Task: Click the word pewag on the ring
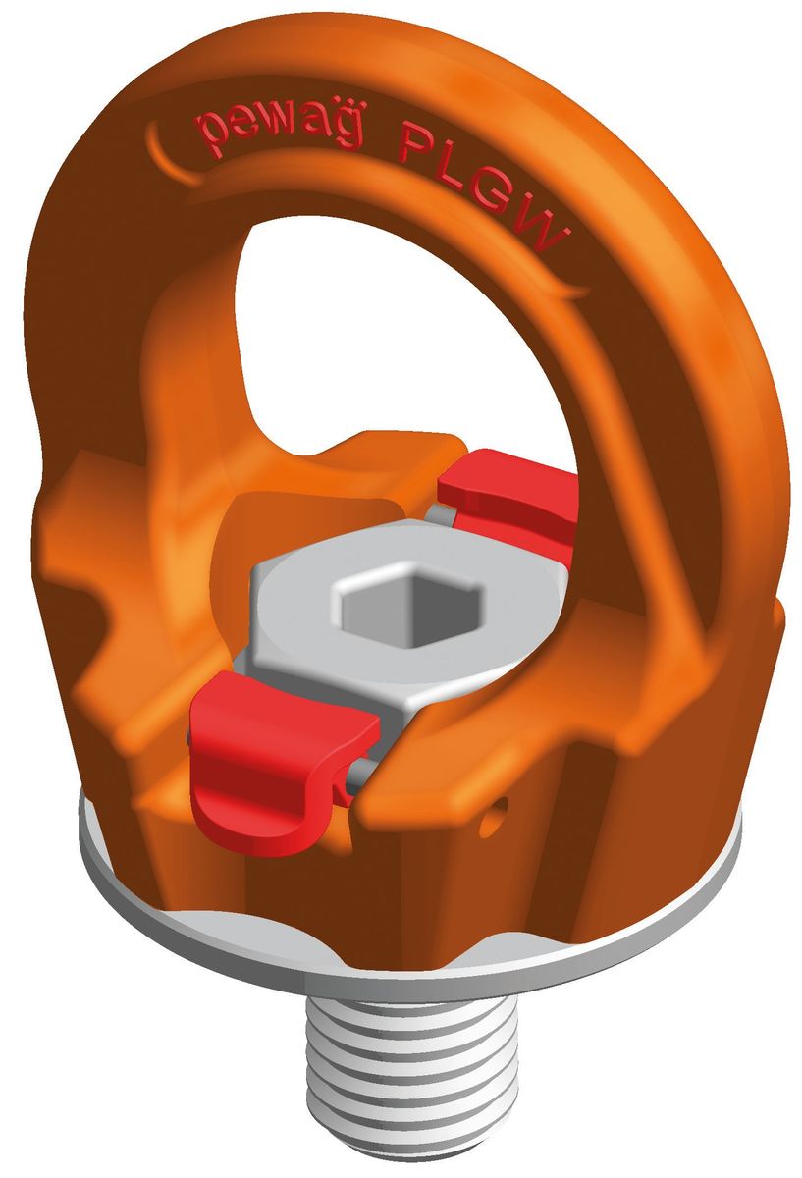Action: click(x=279, y=132)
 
